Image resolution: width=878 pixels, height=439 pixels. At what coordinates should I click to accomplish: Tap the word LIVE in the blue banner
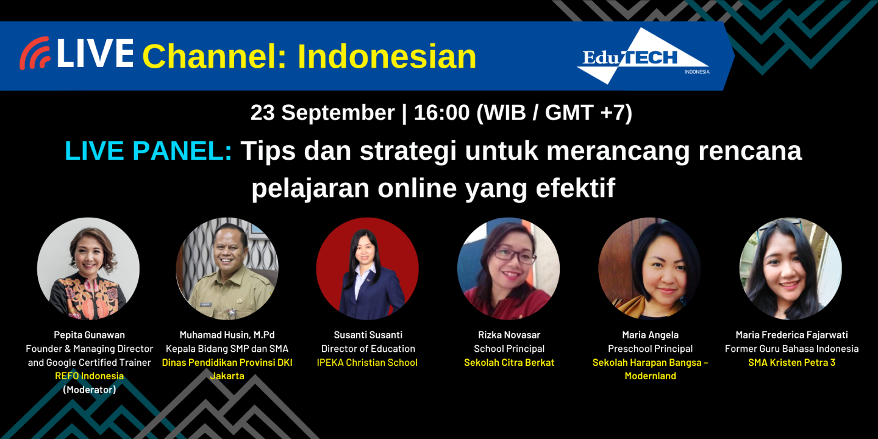pyautogui.click(x=95, y=54)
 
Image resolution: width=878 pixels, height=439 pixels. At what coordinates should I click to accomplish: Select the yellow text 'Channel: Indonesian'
pyautogui.click(x=309, y=56)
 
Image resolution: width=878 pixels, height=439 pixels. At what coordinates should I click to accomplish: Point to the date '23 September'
pyautogui.click(x=323, y=113)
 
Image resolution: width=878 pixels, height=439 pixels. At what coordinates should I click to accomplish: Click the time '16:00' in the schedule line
pyautogui.click(x=441, y=113)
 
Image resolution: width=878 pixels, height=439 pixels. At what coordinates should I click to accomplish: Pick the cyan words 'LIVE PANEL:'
pyautogui.click(x=148, y=151)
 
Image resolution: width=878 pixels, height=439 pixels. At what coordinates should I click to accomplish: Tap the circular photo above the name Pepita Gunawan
pyautogui.click(x=88, y=269)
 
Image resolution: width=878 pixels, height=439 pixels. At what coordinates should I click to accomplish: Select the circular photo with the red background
pyautogui.click(x=368, y=269)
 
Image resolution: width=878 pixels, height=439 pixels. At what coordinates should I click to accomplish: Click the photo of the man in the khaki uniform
pyautogui.click(x=227, y=269)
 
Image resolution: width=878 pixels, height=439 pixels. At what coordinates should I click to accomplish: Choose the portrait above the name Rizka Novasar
pyautogui.click(x=509, y=269)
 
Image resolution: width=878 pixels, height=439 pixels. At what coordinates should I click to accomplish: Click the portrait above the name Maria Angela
pyautogui.click(x=649, y=269)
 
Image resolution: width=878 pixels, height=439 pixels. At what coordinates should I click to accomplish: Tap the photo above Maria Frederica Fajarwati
pyautogui.click(x=791, y=269)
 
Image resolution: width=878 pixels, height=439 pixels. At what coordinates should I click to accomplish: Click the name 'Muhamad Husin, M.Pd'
pyautogui.click(x=227, y=335)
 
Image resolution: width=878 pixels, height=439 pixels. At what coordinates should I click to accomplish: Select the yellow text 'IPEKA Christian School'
pyautogui.click(x=367, y=362)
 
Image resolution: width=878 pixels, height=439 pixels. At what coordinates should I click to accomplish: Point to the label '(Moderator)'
pyautogui.click(x=89, y=390)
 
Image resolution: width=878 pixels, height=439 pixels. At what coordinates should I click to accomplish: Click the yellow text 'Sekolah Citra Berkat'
pyautogui.click(x=509, y=362)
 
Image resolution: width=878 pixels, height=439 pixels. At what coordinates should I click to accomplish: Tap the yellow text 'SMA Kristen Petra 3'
pyautogui.click(x=791, y=362)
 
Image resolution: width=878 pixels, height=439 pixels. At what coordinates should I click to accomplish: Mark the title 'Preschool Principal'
pyautogui.click(x=650, y=349)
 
